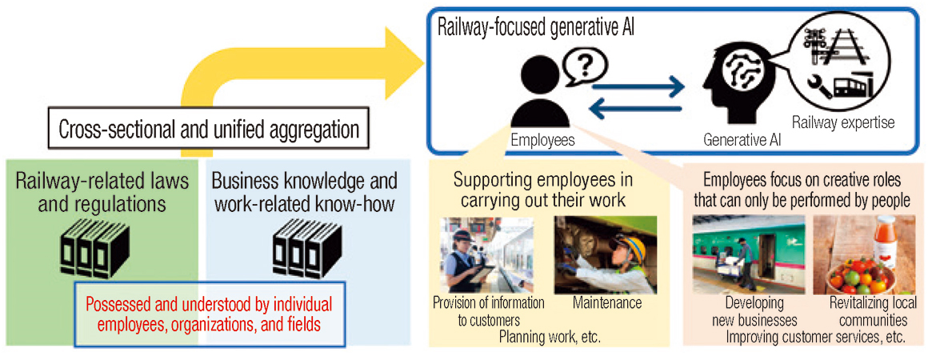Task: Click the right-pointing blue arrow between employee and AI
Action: [638, 89]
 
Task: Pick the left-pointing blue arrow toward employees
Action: [638, 109]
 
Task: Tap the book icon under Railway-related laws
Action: [94, 248]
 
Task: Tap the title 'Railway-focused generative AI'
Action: [536, 29]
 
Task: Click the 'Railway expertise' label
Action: [843, 123]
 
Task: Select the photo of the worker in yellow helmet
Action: [606, 255]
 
